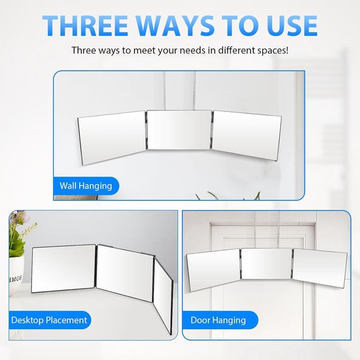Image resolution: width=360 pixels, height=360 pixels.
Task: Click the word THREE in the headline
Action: click(x=85, y=26)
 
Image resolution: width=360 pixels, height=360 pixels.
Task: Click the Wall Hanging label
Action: click(x=86, y=186)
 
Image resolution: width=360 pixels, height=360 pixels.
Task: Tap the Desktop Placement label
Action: click(x=49, y=320)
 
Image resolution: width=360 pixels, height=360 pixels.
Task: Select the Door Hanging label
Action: click(x=219, y=320)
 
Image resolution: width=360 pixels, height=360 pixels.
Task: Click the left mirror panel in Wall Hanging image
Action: click(x=113, y=137)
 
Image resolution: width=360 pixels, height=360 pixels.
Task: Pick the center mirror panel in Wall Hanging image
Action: click(x=179, y=130)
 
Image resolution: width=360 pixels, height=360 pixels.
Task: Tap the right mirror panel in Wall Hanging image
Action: click(x=247, y=135)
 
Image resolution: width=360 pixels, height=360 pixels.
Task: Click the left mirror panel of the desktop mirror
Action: click(x=63, y=268)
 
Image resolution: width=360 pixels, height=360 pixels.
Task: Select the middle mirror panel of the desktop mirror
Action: click(x=125, y=273)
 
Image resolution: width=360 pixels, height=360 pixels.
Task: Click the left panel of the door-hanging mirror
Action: click(x=213, y=269)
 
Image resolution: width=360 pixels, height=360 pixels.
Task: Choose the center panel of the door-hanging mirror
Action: click(x=266, y=264)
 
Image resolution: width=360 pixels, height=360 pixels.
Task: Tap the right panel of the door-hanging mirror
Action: click(x=320, y=268)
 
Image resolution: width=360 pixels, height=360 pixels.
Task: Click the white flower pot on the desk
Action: click(x=16, y=276)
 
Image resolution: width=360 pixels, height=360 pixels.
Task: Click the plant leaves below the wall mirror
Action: click(x=228, y=196)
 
